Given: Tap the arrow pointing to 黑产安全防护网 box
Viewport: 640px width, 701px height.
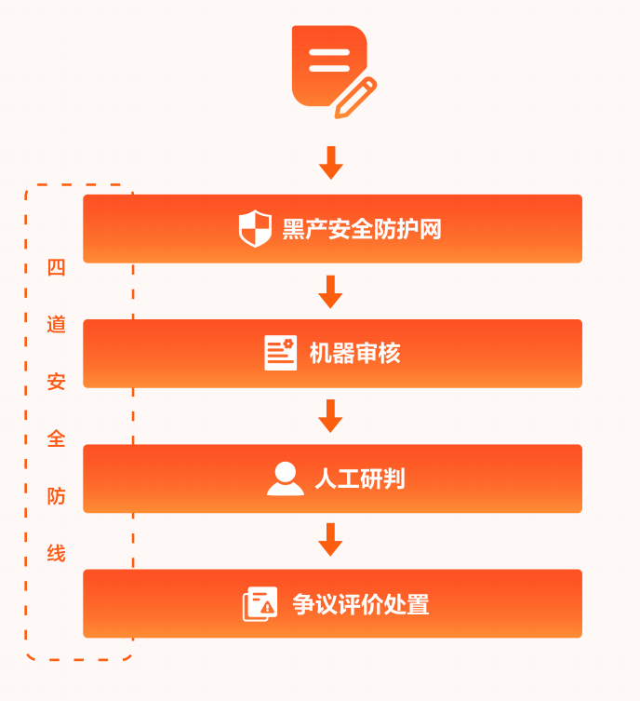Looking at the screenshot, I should click(x=331, y=162).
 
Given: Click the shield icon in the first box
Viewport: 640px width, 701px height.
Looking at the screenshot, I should click(x=255, y=229).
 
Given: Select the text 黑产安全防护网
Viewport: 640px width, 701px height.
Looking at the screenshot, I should click(x=362, y=229).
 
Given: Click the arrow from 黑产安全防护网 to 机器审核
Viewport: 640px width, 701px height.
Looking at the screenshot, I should click(x=331, y=291).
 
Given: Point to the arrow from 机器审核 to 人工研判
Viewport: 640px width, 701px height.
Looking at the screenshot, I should click(x=331, y=416).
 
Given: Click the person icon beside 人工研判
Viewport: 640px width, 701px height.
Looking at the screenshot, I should click(x=285, y=479).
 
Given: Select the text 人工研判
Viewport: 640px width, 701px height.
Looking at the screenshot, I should click(x=359, y=479).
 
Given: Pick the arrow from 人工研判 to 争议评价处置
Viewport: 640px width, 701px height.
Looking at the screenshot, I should click(x=331, y=541).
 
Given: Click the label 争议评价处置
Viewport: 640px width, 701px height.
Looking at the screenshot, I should click(x=361, y=604).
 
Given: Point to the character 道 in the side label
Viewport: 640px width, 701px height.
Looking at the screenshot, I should click(x=57, y=325).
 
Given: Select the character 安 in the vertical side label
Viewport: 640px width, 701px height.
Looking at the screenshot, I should click(x=57, y=382).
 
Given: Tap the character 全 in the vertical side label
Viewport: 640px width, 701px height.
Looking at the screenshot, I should click(x=57, y=438).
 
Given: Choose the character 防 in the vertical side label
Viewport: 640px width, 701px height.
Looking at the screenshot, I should click(x=57, y=496).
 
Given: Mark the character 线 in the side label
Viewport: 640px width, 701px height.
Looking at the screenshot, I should click(x=57, y=553).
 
